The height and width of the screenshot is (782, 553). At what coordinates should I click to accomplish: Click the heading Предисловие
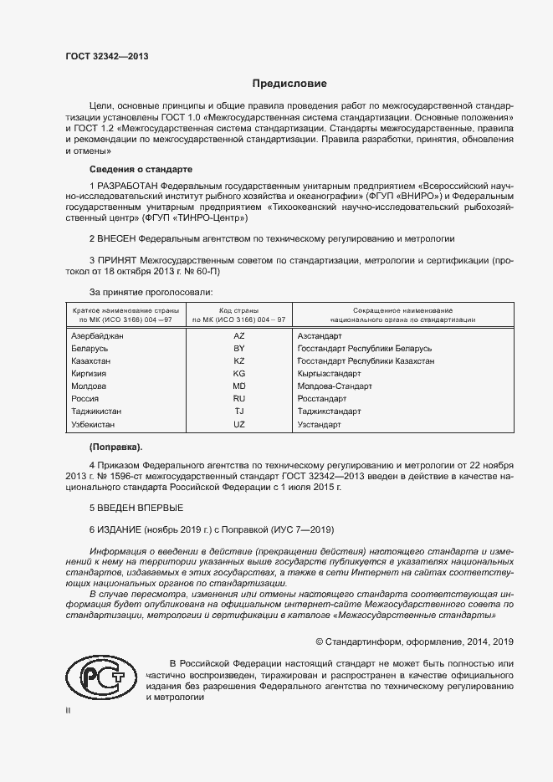289,84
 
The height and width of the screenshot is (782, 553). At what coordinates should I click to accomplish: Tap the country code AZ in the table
239,335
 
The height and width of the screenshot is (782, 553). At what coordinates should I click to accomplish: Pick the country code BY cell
239,347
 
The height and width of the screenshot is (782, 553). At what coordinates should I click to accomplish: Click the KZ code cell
239,360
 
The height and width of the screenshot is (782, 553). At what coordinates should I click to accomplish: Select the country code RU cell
239,399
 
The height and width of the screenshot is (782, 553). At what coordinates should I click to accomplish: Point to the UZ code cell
239,425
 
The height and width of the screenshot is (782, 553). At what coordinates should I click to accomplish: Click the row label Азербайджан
98,335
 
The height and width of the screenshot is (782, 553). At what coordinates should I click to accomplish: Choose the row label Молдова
89,386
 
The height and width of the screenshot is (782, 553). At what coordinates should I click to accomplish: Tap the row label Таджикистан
97,411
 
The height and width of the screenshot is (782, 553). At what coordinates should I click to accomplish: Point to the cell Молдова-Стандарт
335,386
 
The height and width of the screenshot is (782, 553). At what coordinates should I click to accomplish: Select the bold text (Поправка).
115,446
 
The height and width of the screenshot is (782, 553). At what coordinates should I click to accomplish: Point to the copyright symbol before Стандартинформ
320,641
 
